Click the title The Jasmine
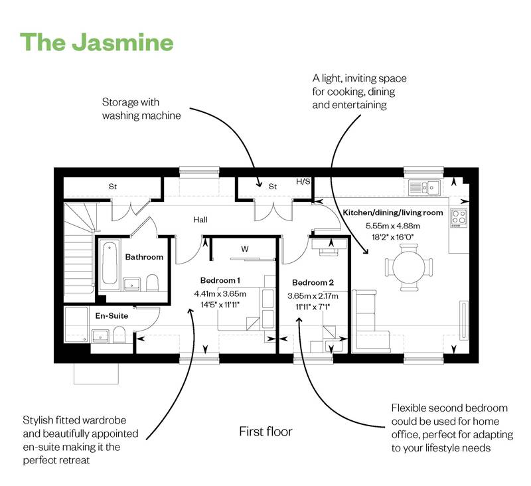(x=97, y=42)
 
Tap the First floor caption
(x=265, y=432)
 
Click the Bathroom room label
(x=144, y=257)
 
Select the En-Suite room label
(x=112, y=316)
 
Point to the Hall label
(x=201, y=219)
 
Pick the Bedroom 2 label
(x=313, y=282)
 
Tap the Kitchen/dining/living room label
(x=392, y=212)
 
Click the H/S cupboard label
(x=303, y=181)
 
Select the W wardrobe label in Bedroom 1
(x=244, y=250)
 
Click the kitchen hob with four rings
(x=458, y=216)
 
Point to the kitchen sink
(x=422, y=187)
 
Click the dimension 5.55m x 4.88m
(x=393, y=226)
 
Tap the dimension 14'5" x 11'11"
(x=217, y=305)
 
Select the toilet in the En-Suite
(x=120, y=332)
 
